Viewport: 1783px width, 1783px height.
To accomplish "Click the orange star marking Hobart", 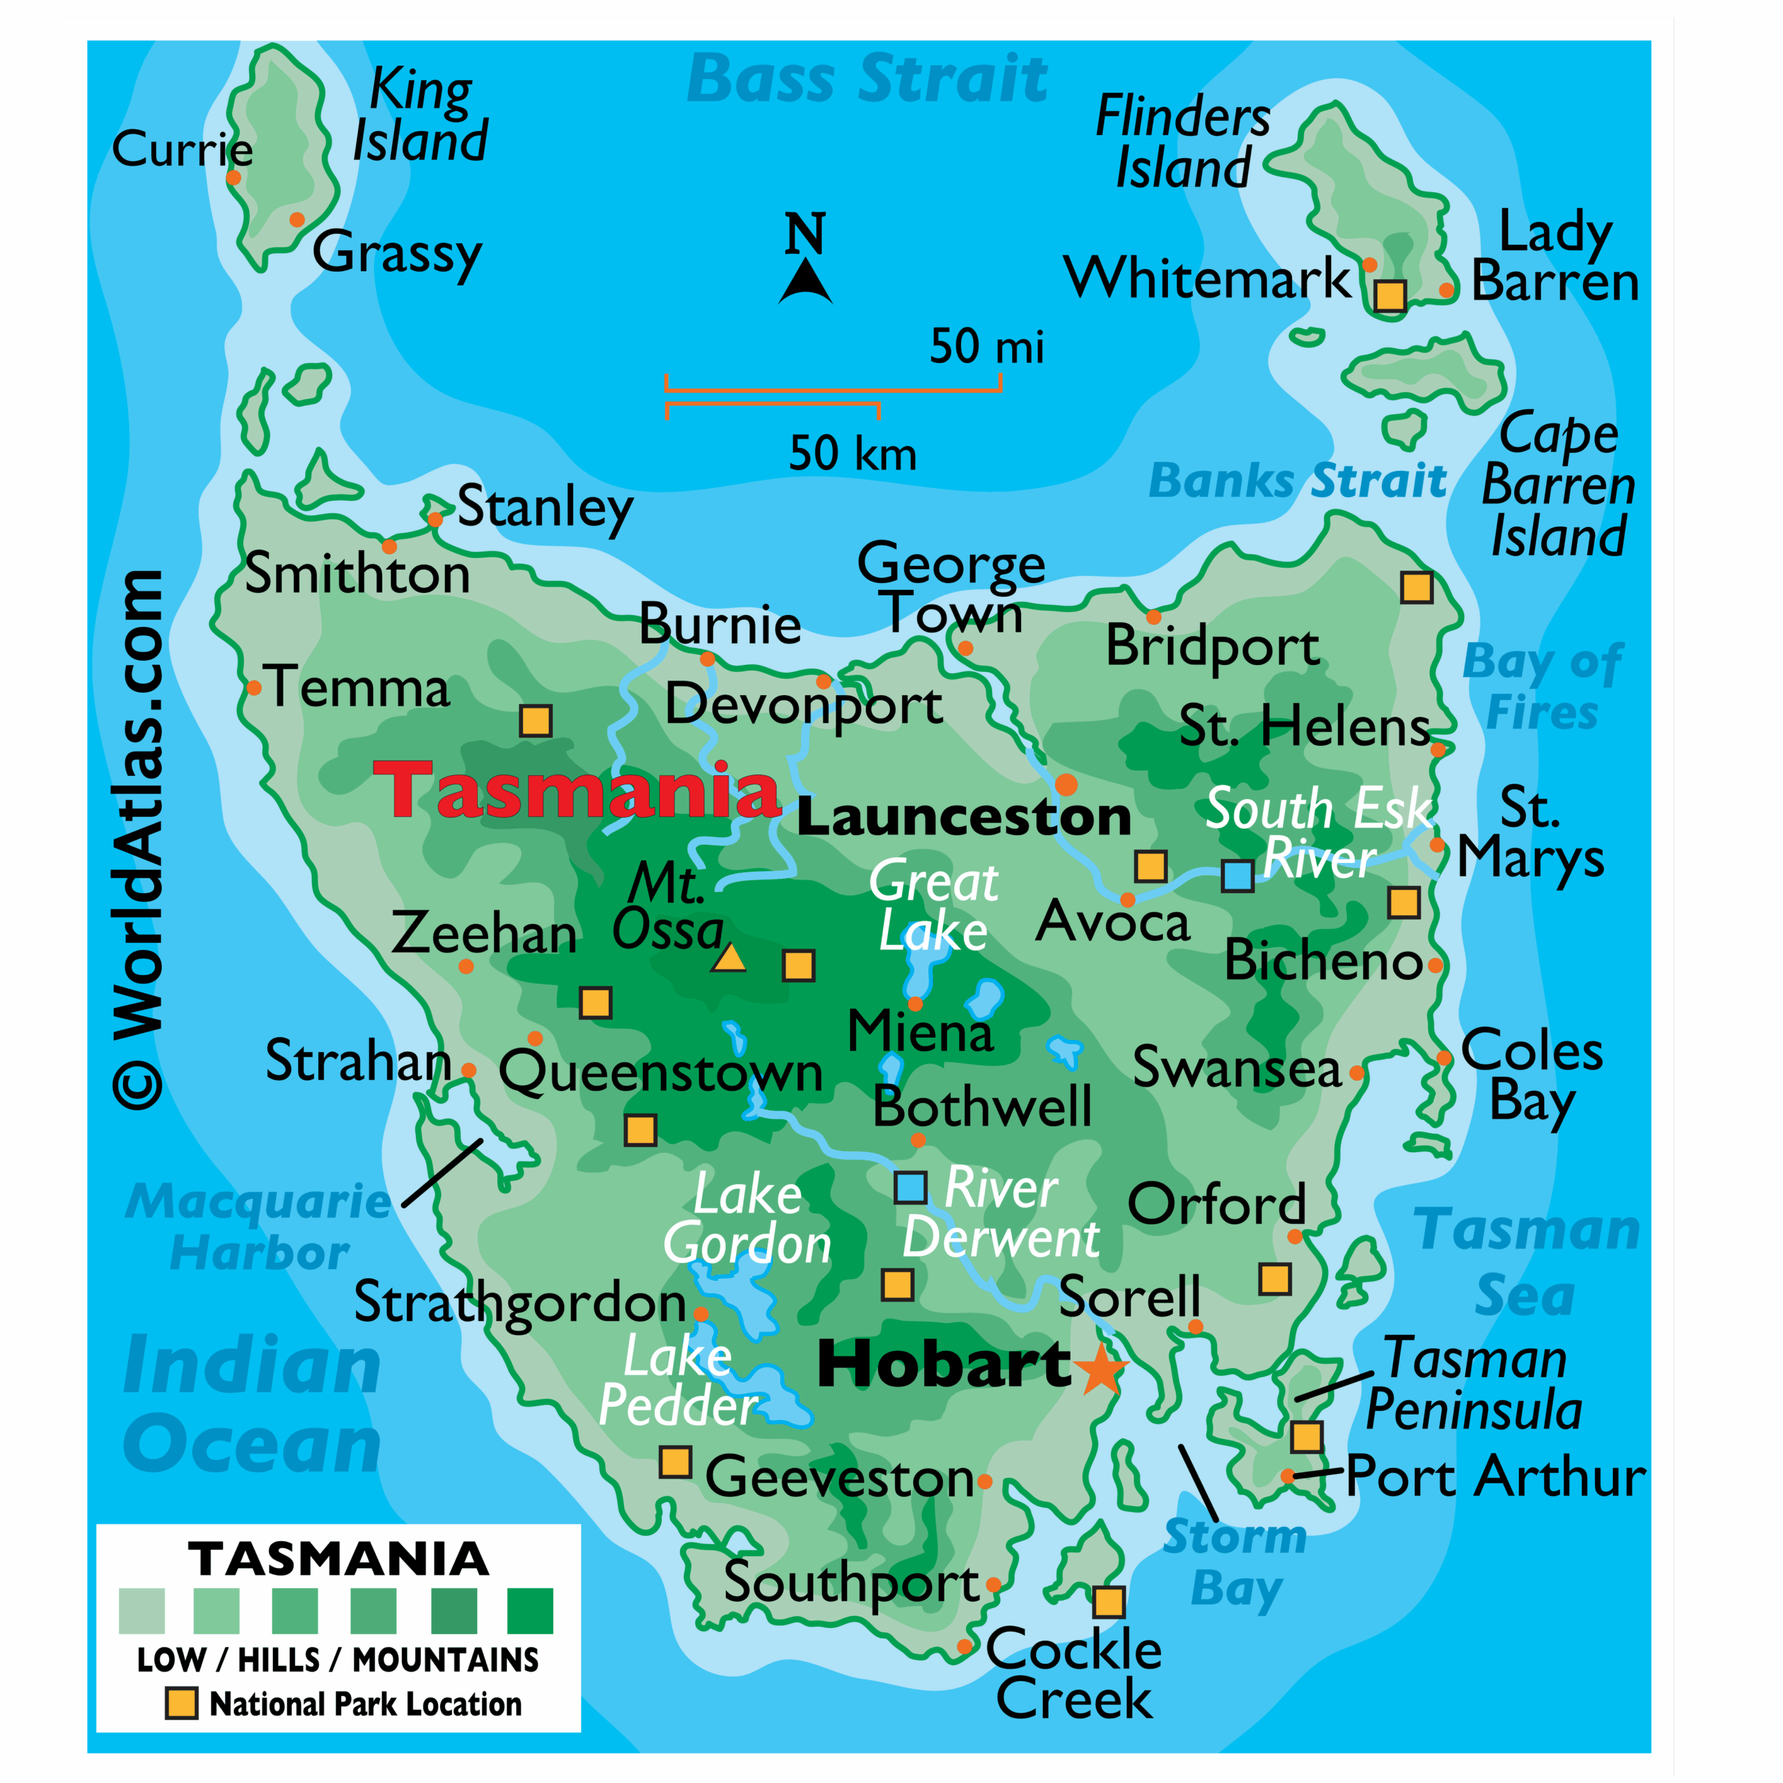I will tap(1101, 1369).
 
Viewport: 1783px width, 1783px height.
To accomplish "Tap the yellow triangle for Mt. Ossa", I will tap(729, 960).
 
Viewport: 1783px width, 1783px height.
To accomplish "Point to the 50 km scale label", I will tap(852, 453).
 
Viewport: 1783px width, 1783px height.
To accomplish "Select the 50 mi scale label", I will tap(986, 346).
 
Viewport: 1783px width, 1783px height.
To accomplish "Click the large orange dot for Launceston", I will tap(1066, 784).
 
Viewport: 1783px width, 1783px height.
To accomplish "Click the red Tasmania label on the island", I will tap(577, 791).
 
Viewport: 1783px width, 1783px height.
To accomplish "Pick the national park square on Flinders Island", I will tap(1390, 295).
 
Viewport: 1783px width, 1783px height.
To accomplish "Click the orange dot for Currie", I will tap(233, 177).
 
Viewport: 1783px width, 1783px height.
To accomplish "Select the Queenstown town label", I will tap(661, 1073).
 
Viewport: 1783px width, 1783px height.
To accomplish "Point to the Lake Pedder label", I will tap(678, 1382).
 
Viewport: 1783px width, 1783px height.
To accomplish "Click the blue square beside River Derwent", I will tap(911, 1188).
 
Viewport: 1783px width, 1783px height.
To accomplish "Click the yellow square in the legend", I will tap(181, 1704).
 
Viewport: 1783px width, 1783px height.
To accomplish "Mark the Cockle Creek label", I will tap(1073, 1675).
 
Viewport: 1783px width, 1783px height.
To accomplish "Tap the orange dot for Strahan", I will tap(468, 1070).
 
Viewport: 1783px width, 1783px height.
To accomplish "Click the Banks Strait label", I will tap(1297, 481).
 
